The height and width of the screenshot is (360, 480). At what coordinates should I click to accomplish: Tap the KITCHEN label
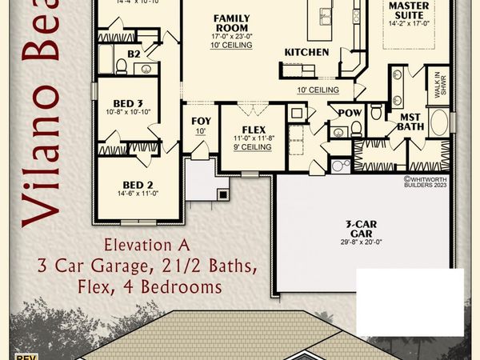pyautogui.click(x=306, y=52)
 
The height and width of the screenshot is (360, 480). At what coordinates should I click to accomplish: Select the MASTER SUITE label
pyautogui.click(x=408, y=10)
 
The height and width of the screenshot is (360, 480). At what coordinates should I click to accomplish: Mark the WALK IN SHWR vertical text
pyautogui.click(x=438, y=84)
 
